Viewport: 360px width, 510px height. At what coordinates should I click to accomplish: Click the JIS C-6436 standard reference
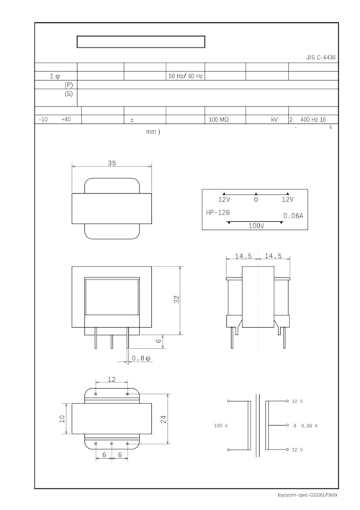(320, 57)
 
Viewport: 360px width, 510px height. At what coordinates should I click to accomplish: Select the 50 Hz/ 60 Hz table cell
(185, 76)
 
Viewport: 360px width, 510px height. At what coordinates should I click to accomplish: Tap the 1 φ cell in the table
(55, 76)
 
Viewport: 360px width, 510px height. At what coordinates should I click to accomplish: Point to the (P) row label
(68, 84)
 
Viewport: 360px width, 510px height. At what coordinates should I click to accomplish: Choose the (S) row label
(68, 94)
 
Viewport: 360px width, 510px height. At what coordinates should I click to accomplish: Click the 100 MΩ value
(219, 120)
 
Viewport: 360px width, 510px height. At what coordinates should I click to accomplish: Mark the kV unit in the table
(274, 120)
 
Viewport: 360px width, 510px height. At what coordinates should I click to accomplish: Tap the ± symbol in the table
(132, 120)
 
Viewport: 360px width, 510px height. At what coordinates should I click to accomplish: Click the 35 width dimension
(112, 163)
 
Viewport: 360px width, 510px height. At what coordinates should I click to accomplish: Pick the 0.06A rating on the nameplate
(292, 215)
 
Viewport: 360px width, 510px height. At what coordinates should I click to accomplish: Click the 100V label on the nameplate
(256, 225)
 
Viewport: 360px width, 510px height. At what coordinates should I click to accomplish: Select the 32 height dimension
(176, 299)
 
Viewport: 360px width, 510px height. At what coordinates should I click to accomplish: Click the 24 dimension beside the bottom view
(163, 419)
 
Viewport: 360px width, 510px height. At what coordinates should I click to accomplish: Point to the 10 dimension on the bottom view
(62, 419)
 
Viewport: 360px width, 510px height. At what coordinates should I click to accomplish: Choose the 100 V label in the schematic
(221, 426)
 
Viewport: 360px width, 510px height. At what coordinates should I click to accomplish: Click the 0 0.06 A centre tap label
(305, 426)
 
